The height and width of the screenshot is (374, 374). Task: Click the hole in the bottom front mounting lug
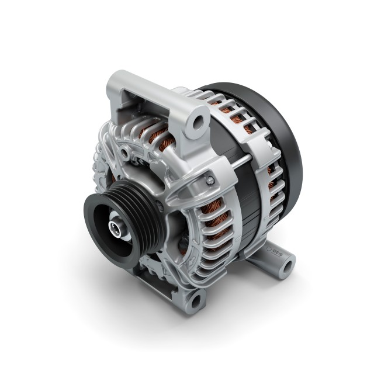click(195, 300)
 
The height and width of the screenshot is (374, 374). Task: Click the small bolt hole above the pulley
click(124, 153)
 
